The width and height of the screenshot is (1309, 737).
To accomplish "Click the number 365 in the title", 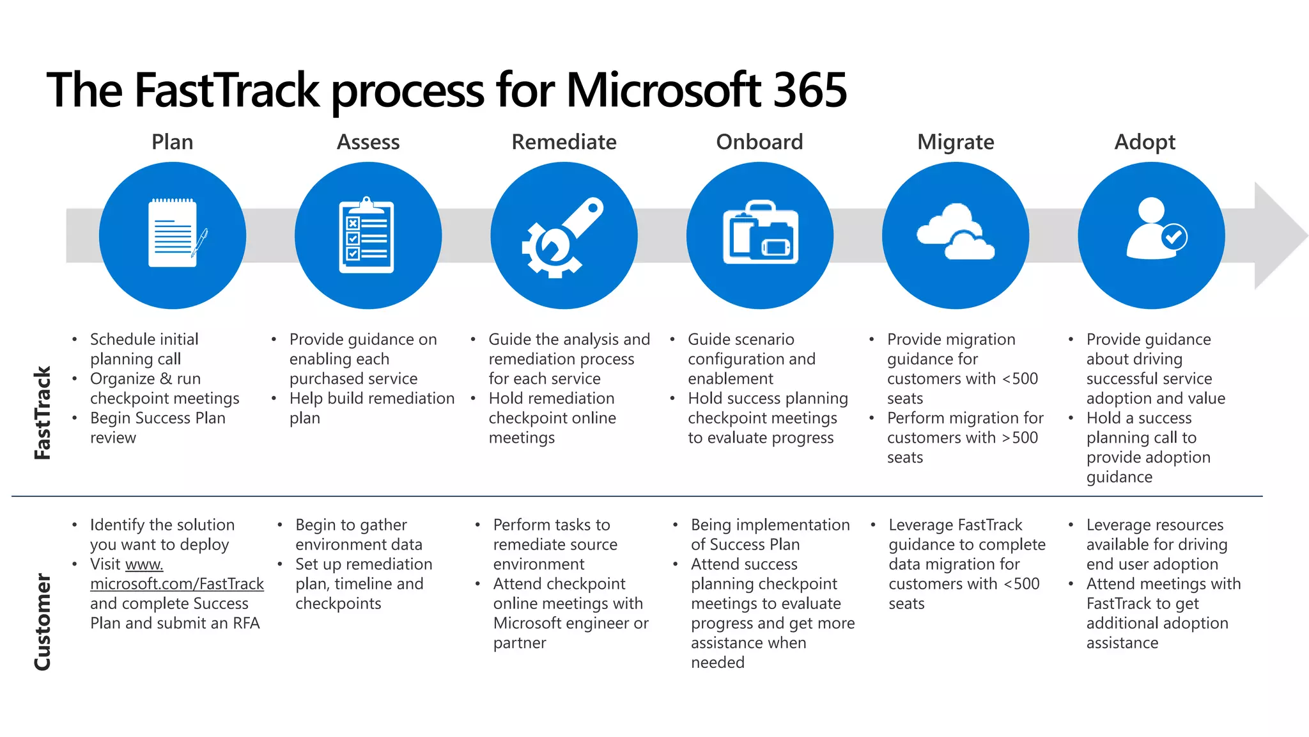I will (809, 91).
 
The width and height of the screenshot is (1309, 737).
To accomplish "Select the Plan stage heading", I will (172, 142).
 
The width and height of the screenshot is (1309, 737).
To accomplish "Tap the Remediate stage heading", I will (564, 142).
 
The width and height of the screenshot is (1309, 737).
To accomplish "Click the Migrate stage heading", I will (955, 142).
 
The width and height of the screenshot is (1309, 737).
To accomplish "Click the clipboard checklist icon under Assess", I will (366, 235).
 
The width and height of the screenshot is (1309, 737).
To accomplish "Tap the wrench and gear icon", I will (562, 237).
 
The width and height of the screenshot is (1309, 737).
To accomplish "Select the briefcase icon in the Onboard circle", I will (760, 234).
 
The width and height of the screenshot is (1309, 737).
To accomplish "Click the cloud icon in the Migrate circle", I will (955, 232).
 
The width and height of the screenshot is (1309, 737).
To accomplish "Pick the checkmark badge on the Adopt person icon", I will (1173, 237).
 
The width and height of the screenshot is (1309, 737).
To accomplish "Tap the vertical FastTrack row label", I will (42, 413).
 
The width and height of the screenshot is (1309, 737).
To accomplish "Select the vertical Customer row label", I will (42, 621).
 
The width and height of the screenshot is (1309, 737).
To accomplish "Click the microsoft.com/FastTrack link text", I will (176, 584).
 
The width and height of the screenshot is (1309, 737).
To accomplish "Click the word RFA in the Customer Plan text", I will (246, 624).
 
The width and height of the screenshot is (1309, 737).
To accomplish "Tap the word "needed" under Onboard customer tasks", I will (717, 663).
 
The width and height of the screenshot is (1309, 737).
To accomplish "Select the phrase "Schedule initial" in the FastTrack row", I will (144, 340).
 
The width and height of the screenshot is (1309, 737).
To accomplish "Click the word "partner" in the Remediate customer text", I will (519, 643).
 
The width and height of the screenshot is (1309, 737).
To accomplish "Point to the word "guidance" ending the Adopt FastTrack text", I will (1119, 477).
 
